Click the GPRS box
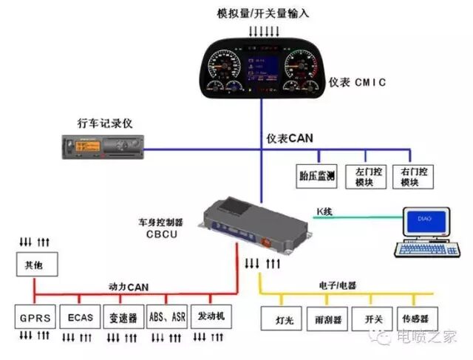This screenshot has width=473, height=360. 35,318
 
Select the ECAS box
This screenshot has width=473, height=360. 79,318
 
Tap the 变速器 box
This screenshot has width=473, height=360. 122,318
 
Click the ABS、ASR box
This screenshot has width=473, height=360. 166,318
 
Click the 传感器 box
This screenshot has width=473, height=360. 415,319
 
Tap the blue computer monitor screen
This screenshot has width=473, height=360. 423,221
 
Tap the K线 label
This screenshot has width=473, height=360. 325,212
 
